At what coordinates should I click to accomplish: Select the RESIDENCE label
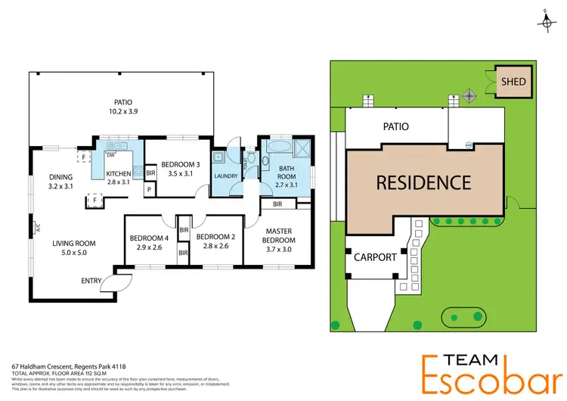pyautogui.click(x=423, y=182)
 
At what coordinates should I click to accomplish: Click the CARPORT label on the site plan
pyautogui.click(x=375, y=257)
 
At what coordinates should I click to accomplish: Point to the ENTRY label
pyautogui.click(x=91, y=281)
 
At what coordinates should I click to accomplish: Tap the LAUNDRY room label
pyautogui.click(x=226, y=177)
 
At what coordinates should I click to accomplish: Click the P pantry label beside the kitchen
pyautogui.click(x=150, y=190)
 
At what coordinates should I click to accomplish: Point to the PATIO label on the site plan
pyautogui.click(x=395, y=127)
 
